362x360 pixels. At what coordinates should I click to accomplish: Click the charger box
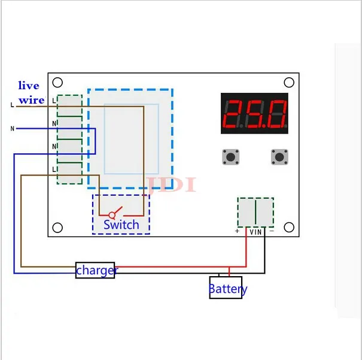95,270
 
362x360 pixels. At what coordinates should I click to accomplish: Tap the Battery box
226,288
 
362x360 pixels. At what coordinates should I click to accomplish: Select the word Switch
121,225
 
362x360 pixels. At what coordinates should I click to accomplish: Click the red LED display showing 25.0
254,113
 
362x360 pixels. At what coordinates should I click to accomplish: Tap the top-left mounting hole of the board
57,83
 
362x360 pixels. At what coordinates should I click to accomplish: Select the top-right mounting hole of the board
289,83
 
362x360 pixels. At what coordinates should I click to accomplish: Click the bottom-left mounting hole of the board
57,228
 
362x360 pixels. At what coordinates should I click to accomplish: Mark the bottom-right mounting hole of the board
289,228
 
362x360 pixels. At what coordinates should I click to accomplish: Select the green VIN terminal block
255,212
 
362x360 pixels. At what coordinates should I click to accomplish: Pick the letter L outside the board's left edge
12,106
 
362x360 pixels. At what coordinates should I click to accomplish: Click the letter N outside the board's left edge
12,128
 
